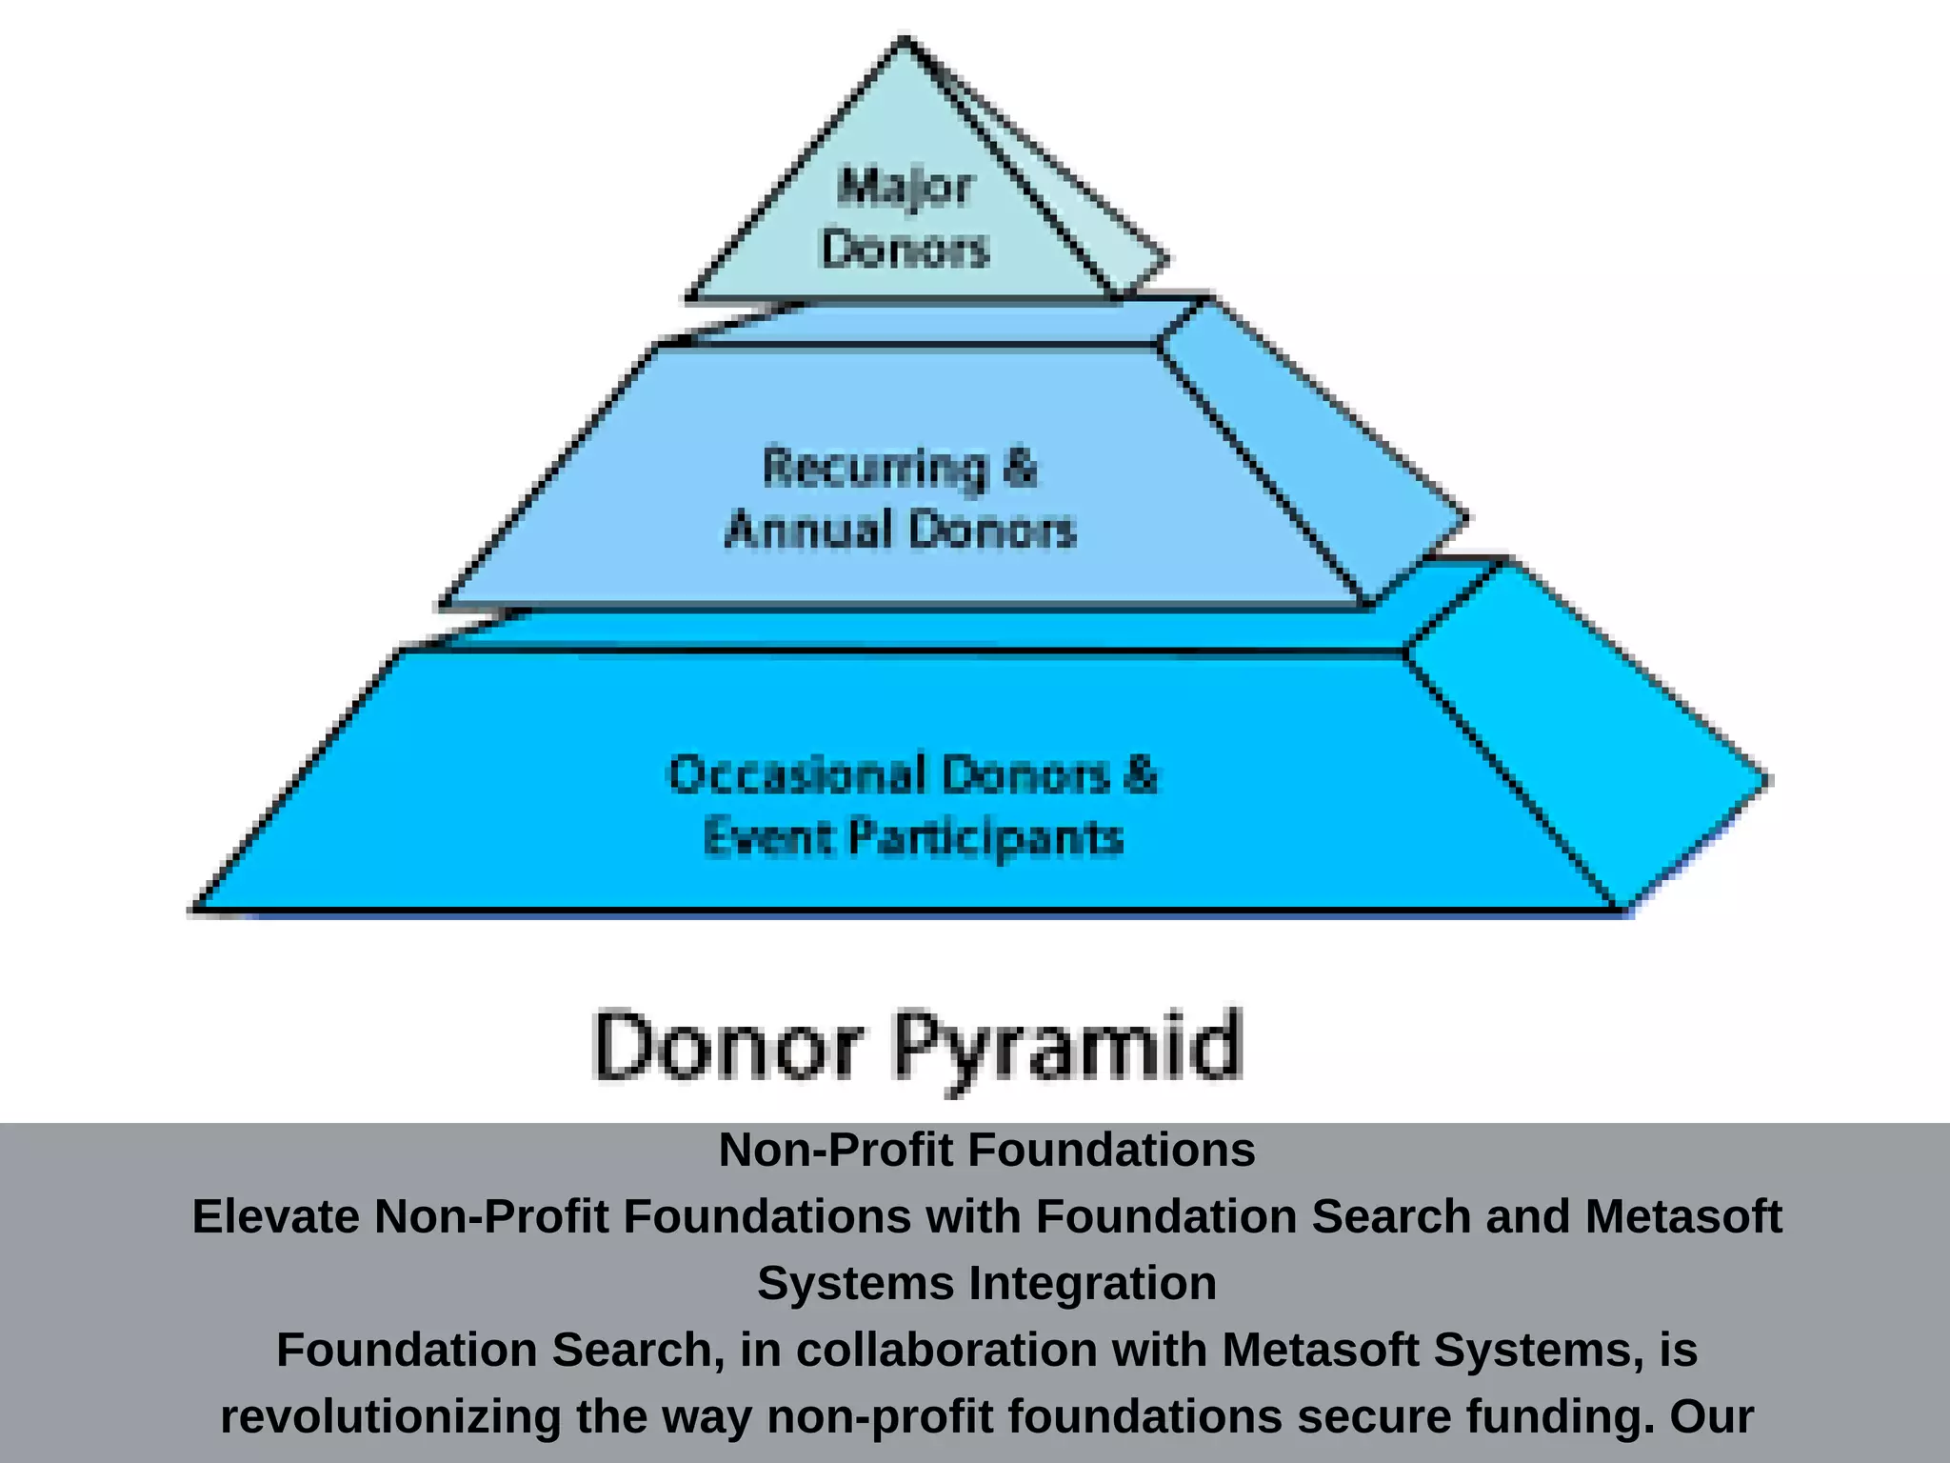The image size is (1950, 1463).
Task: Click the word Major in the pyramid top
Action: [905, 187]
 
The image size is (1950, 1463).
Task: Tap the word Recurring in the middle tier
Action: [874, 469]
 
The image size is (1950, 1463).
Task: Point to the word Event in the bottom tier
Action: [767, 838]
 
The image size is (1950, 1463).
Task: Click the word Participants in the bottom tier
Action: [985, 839]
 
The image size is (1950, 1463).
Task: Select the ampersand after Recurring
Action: [1019, 469]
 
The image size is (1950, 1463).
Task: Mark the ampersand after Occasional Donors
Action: [1141, 774]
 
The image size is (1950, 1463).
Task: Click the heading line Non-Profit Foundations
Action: [986, 1150]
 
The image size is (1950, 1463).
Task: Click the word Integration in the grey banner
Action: [1092, 1283]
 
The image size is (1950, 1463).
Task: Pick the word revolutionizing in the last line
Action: [390, 1416]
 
